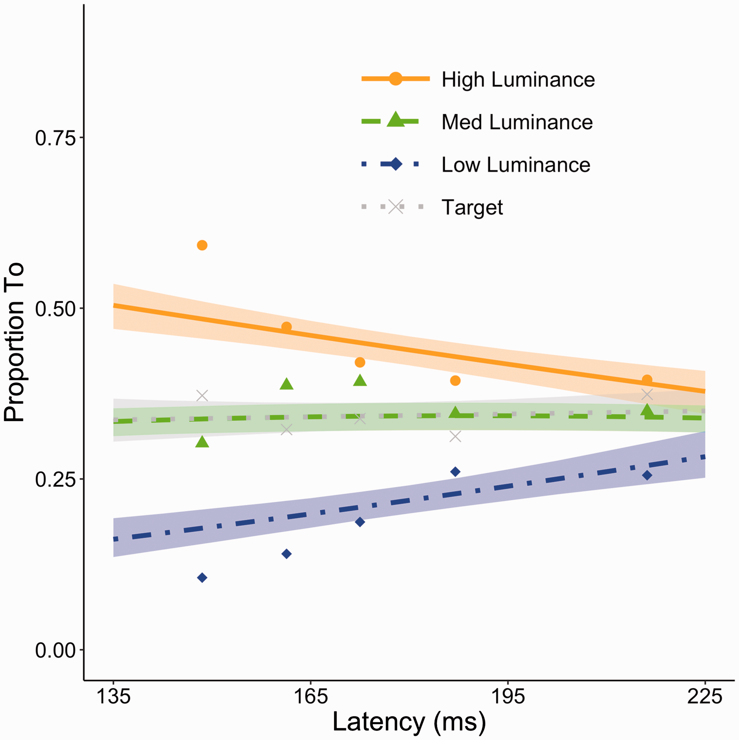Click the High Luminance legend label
(518, 80)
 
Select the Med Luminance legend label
(517, 122)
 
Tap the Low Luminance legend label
(516, 165)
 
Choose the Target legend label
(472, 208)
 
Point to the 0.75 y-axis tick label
(55, 138)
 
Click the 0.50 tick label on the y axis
(55, 309)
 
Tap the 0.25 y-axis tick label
(55, 479)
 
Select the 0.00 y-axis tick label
(55, 651)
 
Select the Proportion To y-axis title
(14, 342)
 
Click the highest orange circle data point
(202, 245)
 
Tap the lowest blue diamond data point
(202, 577)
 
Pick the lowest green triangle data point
(202, 442)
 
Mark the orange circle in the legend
(395, 79)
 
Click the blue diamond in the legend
(396, 165)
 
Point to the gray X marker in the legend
(396, 207)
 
